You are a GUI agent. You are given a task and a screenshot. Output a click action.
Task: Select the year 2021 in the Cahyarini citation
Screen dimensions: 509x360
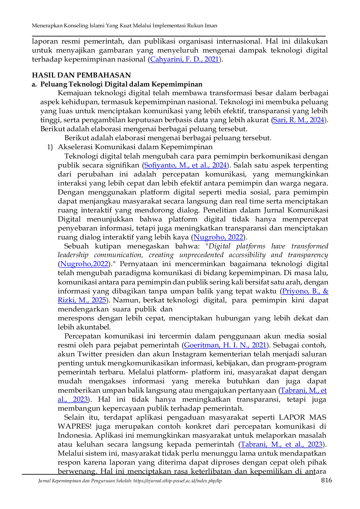click(211, 59)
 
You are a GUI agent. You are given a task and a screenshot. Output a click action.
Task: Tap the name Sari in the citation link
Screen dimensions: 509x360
click(280, 120)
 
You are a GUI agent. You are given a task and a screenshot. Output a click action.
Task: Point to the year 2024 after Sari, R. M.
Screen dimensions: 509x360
click(317, 120)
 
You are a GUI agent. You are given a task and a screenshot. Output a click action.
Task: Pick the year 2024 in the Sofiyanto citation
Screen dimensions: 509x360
click(219, 165)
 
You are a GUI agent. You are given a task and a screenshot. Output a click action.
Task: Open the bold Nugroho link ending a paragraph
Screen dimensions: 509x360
click(218, 237)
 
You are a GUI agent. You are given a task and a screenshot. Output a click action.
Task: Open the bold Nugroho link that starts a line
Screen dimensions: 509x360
click(84, 264)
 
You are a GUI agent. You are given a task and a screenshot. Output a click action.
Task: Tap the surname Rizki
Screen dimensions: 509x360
click(66, 300)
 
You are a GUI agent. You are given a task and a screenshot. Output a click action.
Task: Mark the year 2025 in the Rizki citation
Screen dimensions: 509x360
click(99, 300)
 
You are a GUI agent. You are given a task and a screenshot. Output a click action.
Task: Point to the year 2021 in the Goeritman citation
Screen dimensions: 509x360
click(259, 345)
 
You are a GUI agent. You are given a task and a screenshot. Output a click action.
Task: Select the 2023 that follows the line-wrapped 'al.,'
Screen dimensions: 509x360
click(80, 399)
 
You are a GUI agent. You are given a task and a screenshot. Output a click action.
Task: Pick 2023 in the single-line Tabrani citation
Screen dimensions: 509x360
click(315, 444)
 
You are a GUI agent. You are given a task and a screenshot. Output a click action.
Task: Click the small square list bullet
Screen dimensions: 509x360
click(50, 147)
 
